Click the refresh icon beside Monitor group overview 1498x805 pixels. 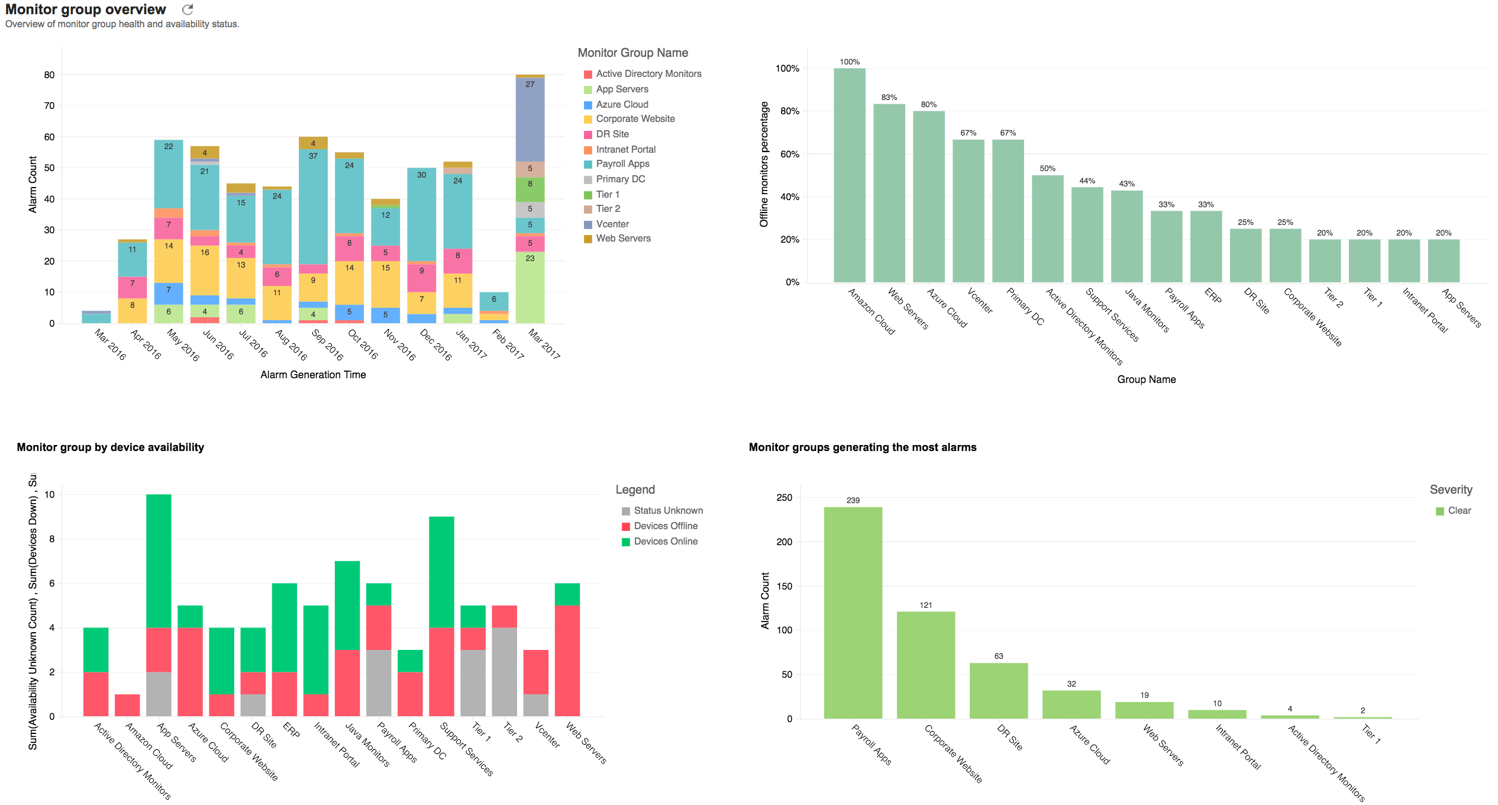(x=188, y=9)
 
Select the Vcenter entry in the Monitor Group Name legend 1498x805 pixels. (x=612, y=224)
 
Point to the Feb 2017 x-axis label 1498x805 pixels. (x=508, y=344)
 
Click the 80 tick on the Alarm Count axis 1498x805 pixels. (x=49, y=75)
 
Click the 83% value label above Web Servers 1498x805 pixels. (x=889, y=98)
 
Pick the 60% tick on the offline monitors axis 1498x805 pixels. (x=789, y=154)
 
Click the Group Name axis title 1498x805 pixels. (x=1146, y=379)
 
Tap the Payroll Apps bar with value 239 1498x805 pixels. (x=853, y=613)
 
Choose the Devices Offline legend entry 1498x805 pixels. (x=665, y=526)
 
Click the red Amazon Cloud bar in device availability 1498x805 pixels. (x=127, y=705)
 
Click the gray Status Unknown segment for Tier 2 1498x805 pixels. (x=504, y=672)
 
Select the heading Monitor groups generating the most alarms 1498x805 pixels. (x=862, y=447)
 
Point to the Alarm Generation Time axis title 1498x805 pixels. (x=313, y=375)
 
